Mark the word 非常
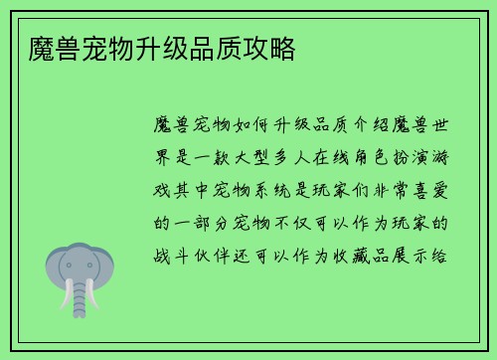(387, 189)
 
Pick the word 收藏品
(368, 255)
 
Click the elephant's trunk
(85, 288)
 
